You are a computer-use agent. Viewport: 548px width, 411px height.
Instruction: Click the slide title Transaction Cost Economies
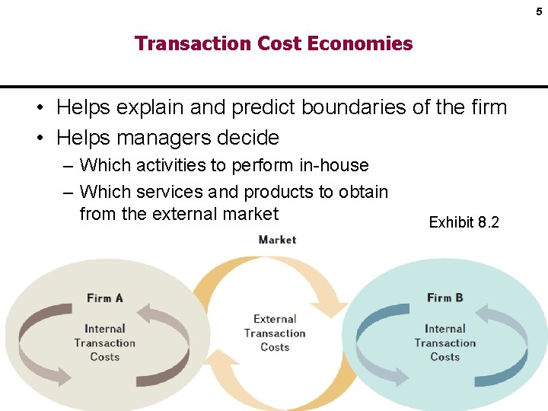pyautogui.click(x=273, y=43)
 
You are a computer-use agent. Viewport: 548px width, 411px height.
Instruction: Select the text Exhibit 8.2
pyautogui.click(x=464, y=222)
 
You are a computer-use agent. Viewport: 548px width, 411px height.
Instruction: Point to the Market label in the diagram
pyautogui.click(x=277, y=240)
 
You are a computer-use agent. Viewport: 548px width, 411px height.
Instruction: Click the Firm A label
pyautogui.click(x=104, y=298)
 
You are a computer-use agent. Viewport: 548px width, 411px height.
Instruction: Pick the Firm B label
pyautogui.click(x=444, y=298)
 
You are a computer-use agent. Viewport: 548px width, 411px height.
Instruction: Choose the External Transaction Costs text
pyautogui.click(x=275, y=333)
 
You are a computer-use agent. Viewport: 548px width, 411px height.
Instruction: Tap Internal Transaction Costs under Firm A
pyautogui.click(x=104, y=342)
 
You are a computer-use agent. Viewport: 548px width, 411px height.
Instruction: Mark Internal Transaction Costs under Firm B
pyautogui.click(x=444, y=342)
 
